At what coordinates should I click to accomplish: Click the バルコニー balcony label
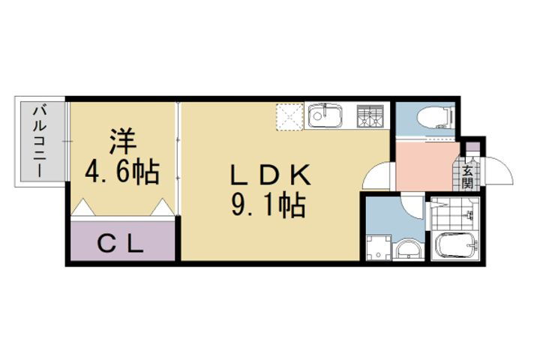(36, 142)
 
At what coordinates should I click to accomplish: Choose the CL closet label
(121, 243)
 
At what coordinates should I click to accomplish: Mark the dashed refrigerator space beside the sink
(289, 117)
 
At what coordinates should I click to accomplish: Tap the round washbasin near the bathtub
(409, 250)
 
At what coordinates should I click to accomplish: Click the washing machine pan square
(379, 247)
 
